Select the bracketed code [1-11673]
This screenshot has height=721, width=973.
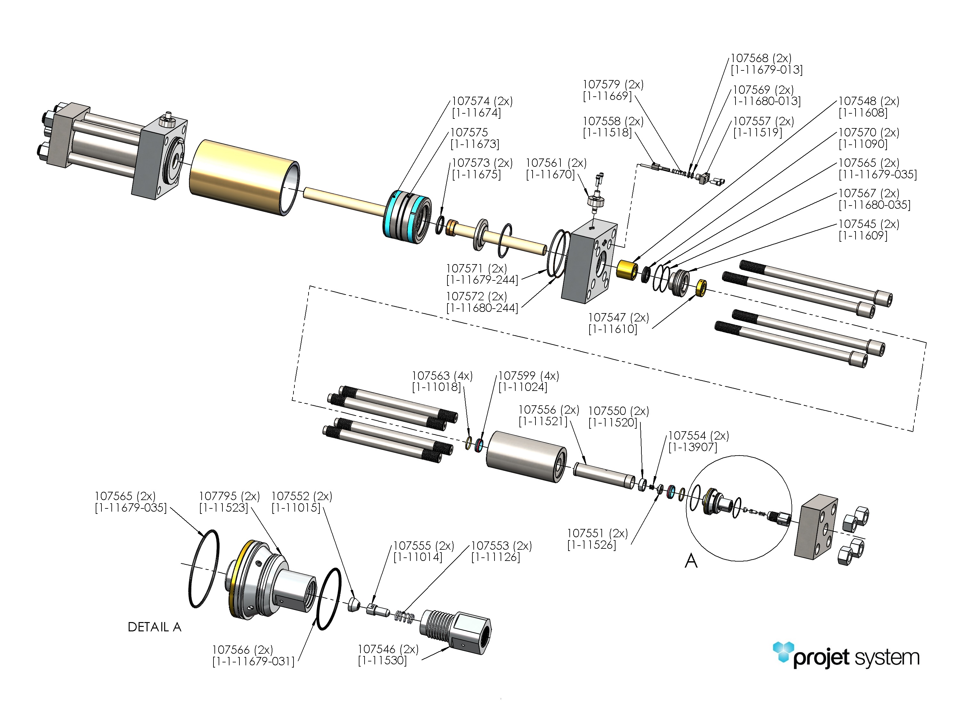coord(475,144)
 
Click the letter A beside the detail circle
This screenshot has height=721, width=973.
coord(691,561)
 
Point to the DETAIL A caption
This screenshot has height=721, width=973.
coord(154,627)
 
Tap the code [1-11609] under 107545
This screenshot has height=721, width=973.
coord(863,236)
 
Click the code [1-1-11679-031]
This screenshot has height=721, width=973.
coord(253,662)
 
